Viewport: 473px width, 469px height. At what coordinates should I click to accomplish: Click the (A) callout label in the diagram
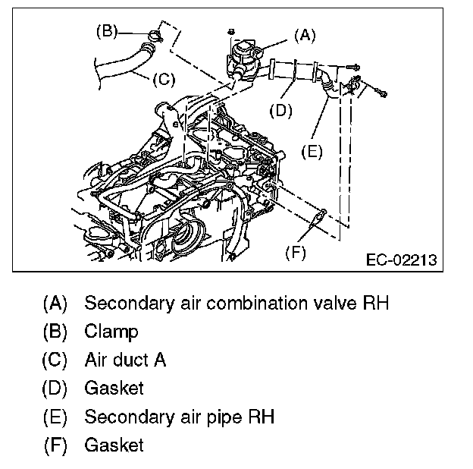pyautogui.click(x=304, y=34)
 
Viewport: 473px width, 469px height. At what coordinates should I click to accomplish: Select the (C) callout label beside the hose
pyautogui.click(x=164, y=79)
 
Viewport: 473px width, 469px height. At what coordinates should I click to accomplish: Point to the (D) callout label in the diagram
pyautogui.click(x=280, y=109)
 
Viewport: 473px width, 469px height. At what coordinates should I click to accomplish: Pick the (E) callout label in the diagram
pyautogui.click(x=311, y=151)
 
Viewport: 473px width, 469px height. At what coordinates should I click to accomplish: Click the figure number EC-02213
pyautogui.click(x=401, y=260)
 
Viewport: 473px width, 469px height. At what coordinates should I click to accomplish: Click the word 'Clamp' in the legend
pyautogui.click(x=111, y=332)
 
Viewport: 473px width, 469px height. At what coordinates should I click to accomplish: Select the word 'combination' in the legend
pyautogui.click(x=245, y=304)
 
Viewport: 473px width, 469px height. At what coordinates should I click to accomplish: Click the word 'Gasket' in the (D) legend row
pyautogui.click(x=114, y=388)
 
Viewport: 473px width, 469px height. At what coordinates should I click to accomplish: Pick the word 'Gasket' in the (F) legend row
pyautogui.click(x=114, y=445)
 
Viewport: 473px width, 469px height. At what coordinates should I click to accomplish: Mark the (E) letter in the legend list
pyautogui.click(x=55, y=417)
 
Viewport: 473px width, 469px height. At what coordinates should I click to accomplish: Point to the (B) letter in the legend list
pyautogui.click(x=55, y=332)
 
